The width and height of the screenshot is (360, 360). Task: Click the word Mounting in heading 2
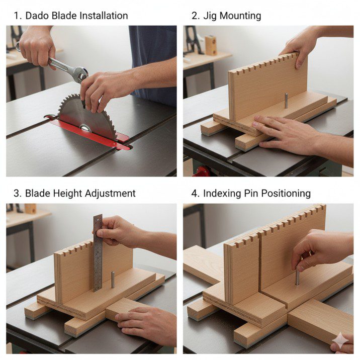pos(240,16)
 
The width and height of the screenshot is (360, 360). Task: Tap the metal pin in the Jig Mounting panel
pos(285,100)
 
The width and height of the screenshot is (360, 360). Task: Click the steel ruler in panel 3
pos(97,251)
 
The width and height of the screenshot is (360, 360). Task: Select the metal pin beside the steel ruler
pos(113,279)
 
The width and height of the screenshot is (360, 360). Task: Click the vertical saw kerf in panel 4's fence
pos(260,266)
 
